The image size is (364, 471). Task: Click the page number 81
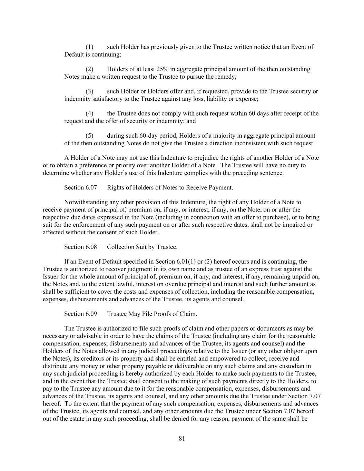(x=182, y=439)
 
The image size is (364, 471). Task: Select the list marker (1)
(x=89, y=47)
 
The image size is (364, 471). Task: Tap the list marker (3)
(x=89, y=91)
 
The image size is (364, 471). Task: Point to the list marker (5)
(x=89, y=136)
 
